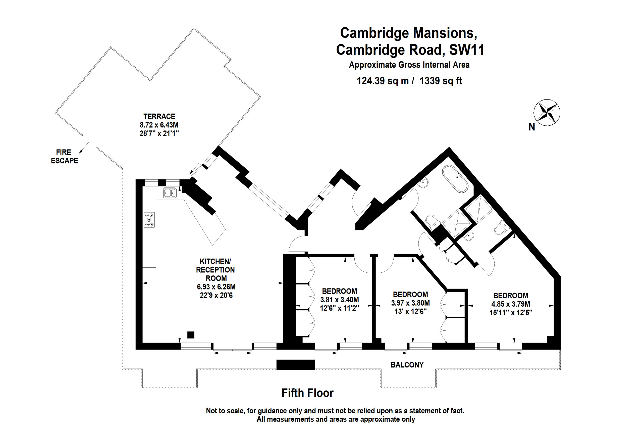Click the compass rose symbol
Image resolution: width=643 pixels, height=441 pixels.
point(547,113)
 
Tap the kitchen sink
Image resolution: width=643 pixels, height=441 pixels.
point(170,193)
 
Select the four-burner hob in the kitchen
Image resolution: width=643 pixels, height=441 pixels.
point(149,220)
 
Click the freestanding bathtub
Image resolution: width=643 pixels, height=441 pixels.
point(455,179)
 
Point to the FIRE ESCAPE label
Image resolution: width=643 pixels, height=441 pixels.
point(65,156)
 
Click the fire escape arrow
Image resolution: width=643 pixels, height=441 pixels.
point(84,148)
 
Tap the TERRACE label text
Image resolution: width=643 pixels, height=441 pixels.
point(159,116)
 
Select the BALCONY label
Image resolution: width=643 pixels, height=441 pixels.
point(407,365)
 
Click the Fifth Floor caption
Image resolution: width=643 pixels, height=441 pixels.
point(307,393)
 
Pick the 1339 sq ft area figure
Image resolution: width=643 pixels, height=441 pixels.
point(441,81)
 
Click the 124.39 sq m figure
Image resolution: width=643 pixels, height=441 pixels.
point(383,81)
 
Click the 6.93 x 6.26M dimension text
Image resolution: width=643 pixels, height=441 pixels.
point(216,287)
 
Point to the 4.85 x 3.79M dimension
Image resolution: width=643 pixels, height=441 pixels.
point(511,304)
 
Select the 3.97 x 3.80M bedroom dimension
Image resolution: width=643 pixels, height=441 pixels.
point(410,303)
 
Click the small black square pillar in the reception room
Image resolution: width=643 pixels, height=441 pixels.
point(191,335)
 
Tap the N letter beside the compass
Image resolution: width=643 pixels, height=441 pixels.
point(531,127)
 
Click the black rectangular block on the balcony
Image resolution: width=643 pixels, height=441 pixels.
point(295,365)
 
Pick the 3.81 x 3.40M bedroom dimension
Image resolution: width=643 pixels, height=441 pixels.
point(340,300)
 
